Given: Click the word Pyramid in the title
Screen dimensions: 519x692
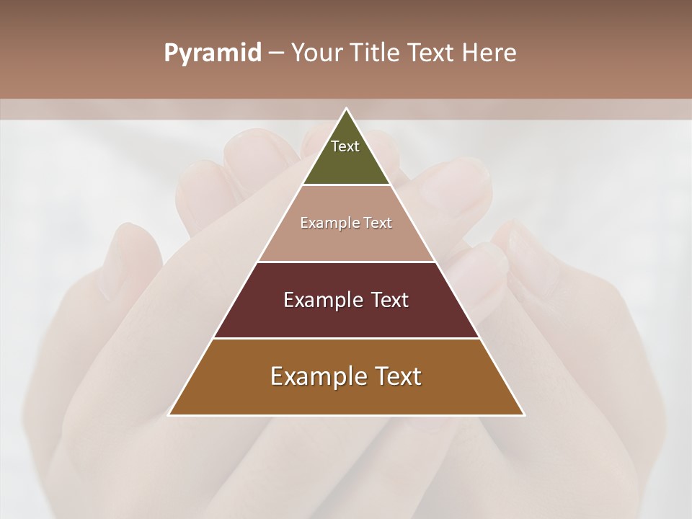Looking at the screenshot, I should point(212,53).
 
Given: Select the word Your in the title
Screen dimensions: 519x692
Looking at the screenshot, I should point(314,53).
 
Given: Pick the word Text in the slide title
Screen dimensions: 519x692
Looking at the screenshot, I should point(432,53).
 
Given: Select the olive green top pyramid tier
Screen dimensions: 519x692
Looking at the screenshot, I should point(346,162).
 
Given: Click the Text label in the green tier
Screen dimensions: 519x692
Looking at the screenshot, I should point(345,146).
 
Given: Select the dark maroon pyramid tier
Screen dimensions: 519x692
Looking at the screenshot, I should point(346,317).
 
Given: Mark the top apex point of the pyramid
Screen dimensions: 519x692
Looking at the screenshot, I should point(346,109).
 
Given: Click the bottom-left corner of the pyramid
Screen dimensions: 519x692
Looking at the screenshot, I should point(169,414).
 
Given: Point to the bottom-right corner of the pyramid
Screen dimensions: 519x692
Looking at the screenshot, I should point(523,414).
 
